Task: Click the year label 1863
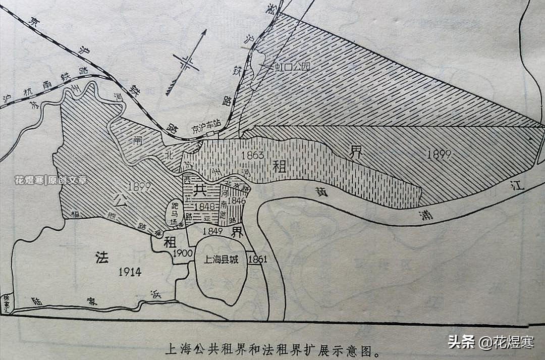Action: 252,155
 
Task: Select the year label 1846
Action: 236,201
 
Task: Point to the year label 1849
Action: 212,231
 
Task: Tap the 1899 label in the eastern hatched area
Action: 439,155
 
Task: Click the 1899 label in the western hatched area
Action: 139,187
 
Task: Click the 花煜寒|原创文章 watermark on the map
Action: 50,180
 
